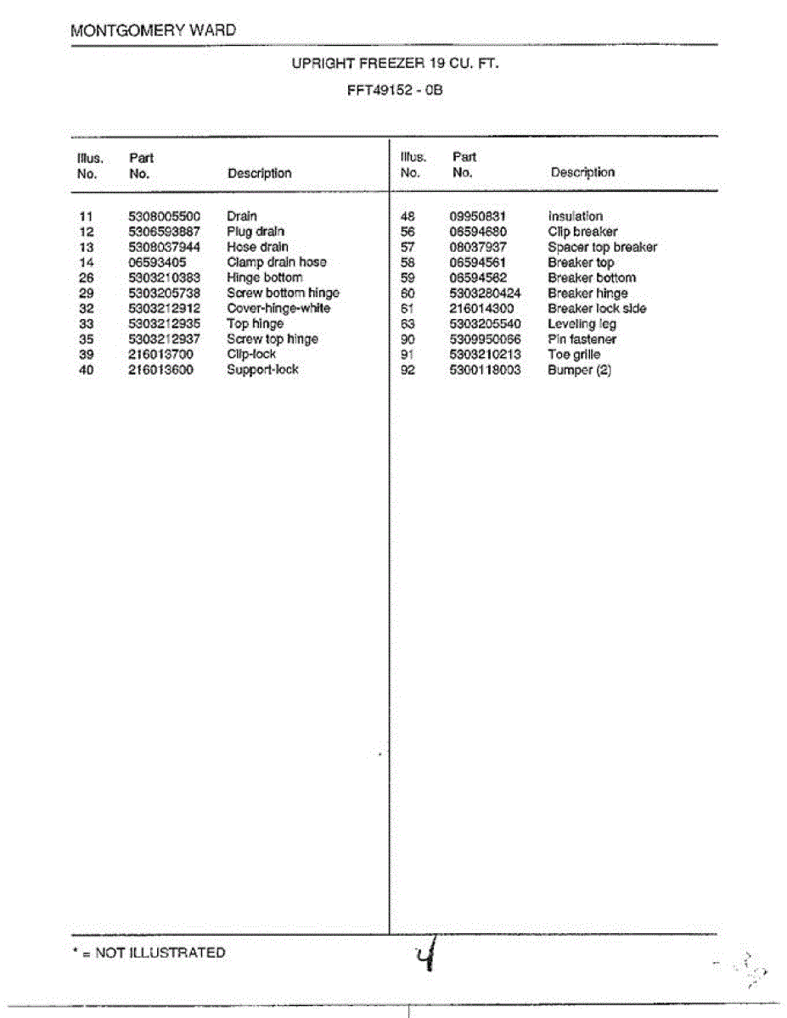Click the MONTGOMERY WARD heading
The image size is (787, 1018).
pos(153,31)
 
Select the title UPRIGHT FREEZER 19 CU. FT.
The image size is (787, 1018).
pos(395,63)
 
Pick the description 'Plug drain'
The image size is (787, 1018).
pos(256,232)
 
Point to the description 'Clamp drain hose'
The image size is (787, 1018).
pos(276,262)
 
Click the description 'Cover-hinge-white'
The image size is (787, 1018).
pos(278,308)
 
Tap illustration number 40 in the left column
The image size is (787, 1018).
pos(86,370)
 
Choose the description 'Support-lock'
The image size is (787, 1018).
pos(262,370)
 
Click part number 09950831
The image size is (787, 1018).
pos(477,216)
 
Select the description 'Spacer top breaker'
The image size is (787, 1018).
pos(602,247)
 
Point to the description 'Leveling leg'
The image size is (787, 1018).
pos(582,324)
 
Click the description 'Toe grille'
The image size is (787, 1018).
pos(574,355)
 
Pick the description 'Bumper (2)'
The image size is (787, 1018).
pos(579,370)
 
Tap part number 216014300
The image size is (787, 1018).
pos(481,309)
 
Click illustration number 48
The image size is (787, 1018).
pos(407,216)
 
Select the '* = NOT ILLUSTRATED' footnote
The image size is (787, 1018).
pos(149,953)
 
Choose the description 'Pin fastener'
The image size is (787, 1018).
pos(582,339)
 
